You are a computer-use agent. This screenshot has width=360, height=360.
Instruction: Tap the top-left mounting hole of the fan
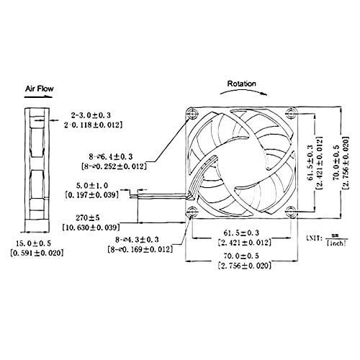click(192, 113)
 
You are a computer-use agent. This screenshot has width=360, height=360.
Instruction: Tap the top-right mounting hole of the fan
click(289, 112)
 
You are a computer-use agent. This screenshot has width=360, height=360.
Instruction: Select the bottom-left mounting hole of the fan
click(192, 211)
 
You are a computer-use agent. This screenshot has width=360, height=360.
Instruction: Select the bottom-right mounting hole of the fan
click(289, 211)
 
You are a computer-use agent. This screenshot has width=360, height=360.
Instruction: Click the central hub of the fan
click(241, 161)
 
